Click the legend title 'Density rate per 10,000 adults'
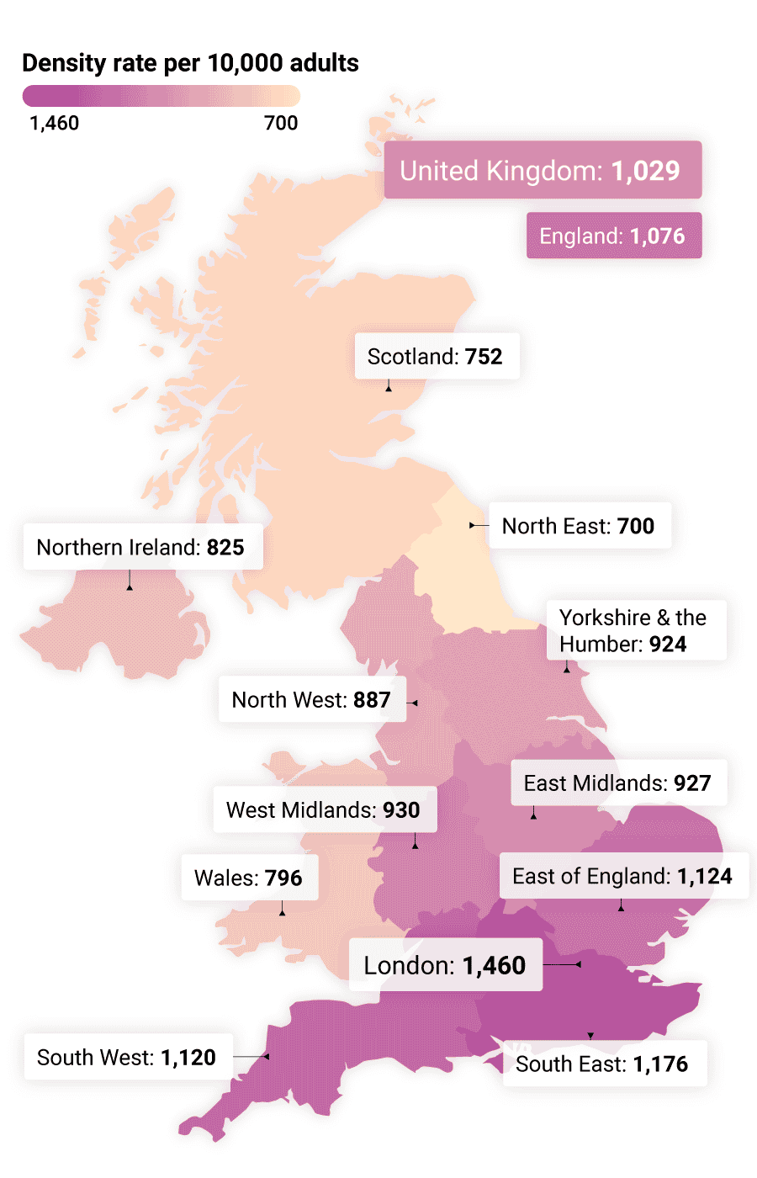click(x=190, y=63)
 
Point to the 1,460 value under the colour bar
click(x=54, y=123)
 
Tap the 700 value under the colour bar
click(x=281, y=123)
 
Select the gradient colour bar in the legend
click(x=161, y=96)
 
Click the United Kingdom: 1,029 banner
click(x=543, y=170)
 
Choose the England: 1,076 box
click(x=613, y=236)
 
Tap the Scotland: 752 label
click(x=436, y=357)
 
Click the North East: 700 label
click(x=580, y=526)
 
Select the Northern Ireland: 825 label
click(x=141, y=547)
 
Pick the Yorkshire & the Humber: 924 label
click(x=635, y=630)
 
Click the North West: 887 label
click(x=311, y=699)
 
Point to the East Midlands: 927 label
click(x=618, y=783)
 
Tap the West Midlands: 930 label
click(x=324, y=809)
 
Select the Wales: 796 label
click(x=249, y=878)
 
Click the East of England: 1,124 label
click(x=623, y=876)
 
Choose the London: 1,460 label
click(x=445, y=964)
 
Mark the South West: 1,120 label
click(x=128, y=1057)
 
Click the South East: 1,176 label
click(x=603, y=1064)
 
